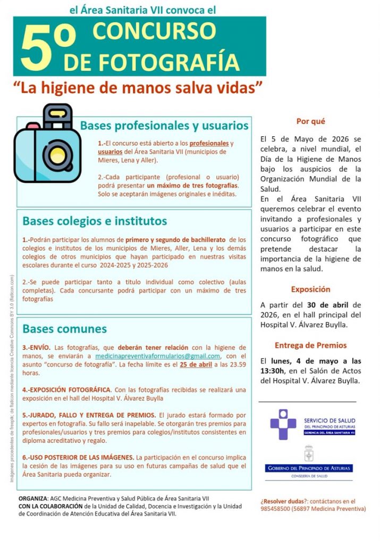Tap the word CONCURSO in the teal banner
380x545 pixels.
point(151,31)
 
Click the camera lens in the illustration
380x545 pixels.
point(54,155)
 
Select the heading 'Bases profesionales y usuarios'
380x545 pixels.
point(164,126)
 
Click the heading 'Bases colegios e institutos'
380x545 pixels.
point(95,220)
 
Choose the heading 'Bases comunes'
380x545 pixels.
point(65,328)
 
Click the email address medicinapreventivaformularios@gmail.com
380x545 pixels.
point(157,356)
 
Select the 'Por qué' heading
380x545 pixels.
point(310,121)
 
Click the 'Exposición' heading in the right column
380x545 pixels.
point(310,290)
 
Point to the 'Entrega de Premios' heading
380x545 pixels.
point(310,345)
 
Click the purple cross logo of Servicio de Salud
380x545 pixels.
point(283,425)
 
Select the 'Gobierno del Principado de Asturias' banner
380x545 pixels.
point(309,468)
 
